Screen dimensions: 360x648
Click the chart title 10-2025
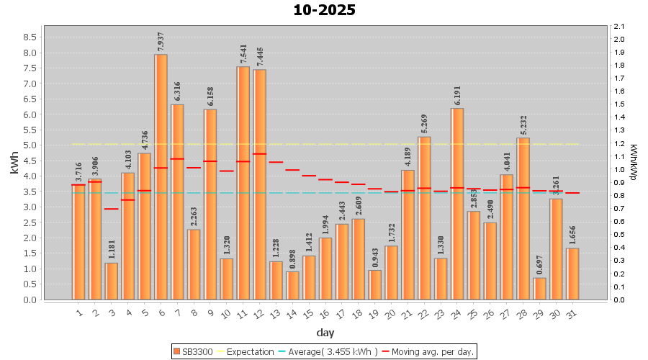point(324,10)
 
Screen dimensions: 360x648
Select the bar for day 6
point(161,176)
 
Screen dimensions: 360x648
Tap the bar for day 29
point(539,288)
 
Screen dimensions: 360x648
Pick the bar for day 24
point(457,204)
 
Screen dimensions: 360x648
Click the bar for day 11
point(243,183)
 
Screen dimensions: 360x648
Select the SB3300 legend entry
point(192,351)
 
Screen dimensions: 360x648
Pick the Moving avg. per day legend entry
point(429,351)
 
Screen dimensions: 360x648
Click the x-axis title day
point(325,332)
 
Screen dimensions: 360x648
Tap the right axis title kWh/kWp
point(634,163)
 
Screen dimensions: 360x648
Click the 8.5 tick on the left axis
point(31,37)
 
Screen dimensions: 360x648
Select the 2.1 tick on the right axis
point(618,27)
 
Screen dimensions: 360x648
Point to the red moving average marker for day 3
point(112,209)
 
